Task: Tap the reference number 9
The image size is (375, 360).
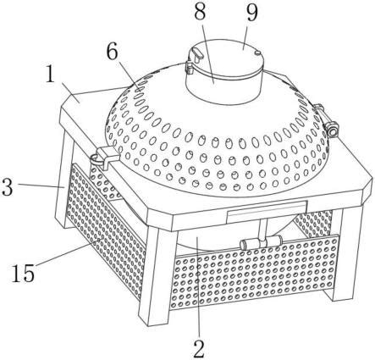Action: click(x=251, y=13)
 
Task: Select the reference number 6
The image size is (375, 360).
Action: click(x=113, y=52)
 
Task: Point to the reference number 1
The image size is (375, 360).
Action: click(x=50, y=75)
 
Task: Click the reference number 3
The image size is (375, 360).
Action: click(x=7, y=187)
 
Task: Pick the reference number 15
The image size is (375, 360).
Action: click(x=23, y=273)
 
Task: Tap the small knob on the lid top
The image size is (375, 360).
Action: click(x=256, y=53)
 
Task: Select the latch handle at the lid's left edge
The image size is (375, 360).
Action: click(x=196, y=54)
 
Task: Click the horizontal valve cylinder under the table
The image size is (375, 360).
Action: click(x=261, y=242)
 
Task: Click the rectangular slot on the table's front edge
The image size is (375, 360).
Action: click(x=267, y=211)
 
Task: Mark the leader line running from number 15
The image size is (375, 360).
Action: click(x=68, y=252)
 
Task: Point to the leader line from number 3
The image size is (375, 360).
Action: click(x=42, y=186)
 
